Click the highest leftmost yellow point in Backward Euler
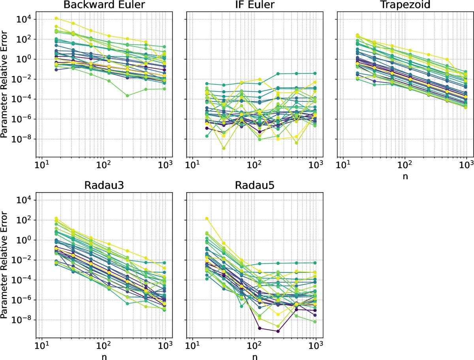[x=56, y=18]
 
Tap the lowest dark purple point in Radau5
[x=278, y=331]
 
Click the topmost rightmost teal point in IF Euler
[x=315, y=73]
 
